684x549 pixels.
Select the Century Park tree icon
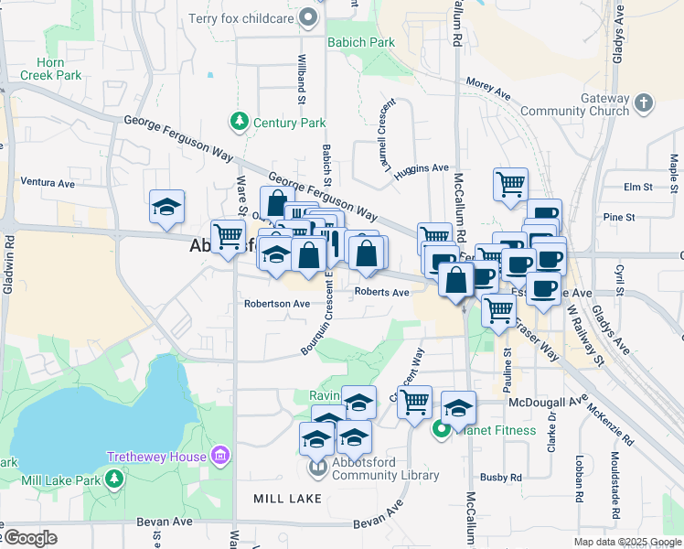(240, 121)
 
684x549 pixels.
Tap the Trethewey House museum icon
(219, 456)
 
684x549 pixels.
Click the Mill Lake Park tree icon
(113, 479)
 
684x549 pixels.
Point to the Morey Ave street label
(487, 88)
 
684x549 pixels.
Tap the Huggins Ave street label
(422, 168)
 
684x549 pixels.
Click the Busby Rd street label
(501, 478)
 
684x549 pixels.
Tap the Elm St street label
(636, 187)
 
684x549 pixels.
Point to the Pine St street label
(619, 217)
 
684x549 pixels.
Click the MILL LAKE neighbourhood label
(288, 499)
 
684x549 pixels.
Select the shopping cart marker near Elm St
(510, 183)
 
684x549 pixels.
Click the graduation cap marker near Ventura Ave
(166, 208)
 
